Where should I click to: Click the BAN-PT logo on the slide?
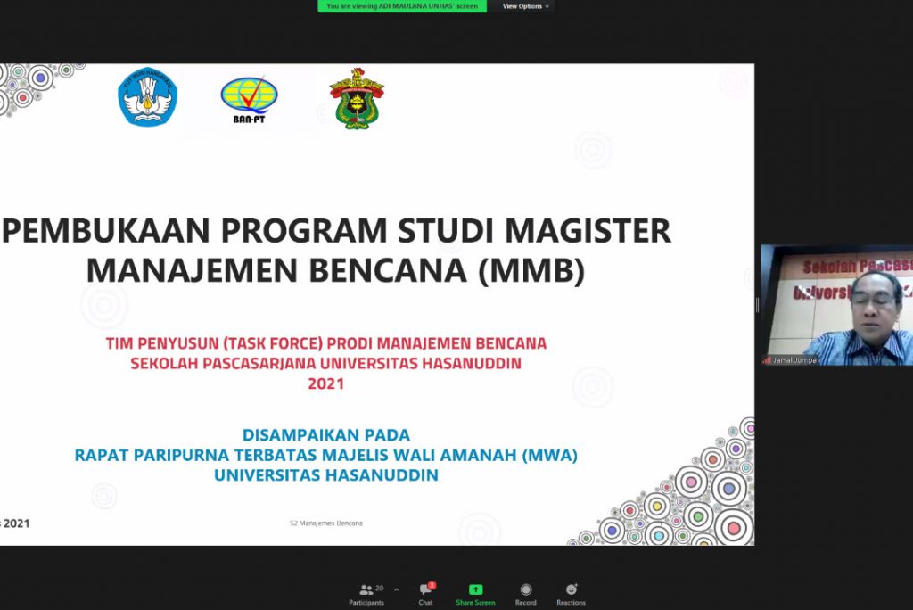click(250, 99)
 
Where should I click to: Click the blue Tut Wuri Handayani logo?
click(148, 96)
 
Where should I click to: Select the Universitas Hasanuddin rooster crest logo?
click(357, 98)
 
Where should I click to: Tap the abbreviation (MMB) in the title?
click(532, 270)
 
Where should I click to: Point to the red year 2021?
click(325, 384)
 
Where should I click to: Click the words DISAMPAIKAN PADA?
click(326, 435)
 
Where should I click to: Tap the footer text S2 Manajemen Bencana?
click(326, 523)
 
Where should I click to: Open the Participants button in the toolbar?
click(366, 594)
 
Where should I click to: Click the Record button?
click(525, 594)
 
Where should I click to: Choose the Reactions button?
click(571, 594)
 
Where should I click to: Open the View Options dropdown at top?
click(526, 6)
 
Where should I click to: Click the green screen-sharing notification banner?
click(402, 6)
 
